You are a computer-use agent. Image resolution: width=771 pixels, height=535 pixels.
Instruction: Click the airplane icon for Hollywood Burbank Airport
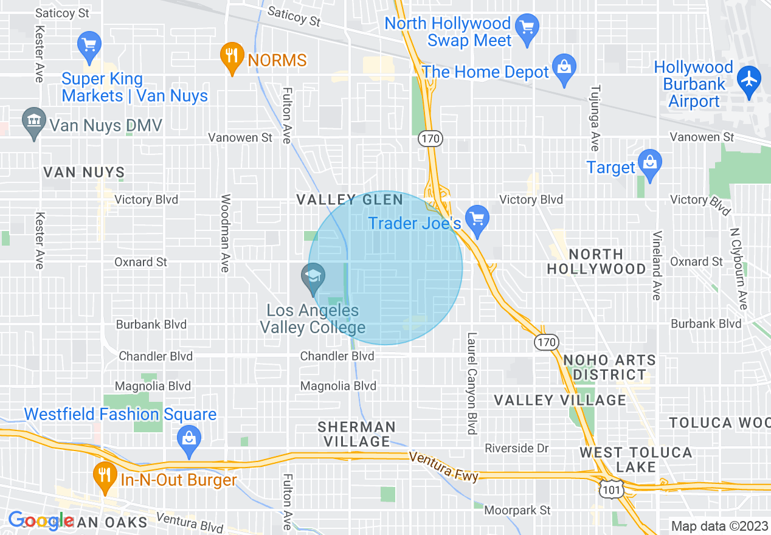pos(749,79)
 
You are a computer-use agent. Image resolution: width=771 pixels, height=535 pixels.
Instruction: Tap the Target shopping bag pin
pos(650,163)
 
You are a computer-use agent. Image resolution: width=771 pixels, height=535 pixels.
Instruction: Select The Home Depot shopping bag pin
pos(564,67)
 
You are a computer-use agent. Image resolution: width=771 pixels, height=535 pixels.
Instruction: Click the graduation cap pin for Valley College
pos(314,278)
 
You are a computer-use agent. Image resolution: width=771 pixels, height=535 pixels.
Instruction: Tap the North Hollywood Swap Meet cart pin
pos(527,27)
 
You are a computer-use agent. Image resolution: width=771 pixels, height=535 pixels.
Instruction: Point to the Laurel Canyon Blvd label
pos(471,383)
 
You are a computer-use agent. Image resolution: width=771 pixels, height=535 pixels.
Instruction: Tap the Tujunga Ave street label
pos(594,118)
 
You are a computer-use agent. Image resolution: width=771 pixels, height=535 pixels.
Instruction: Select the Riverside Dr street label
pos(517,449)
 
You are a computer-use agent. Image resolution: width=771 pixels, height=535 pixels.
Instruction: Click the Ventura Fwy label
pos(444,465)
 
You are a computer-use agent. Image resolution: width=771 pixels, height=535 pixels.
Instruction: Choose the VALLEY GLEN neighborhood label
pos(350,200)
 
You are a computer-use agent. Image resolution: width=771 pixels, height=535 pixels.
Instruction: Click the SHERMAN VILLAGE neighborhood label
pos(356,434)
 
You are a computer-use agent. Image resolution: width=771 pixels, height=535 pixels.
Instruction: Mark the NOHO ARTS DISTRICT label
pos(609,367)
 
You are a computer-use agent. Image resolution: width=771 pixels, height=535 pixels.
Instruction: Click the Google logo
pos(40,521)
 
